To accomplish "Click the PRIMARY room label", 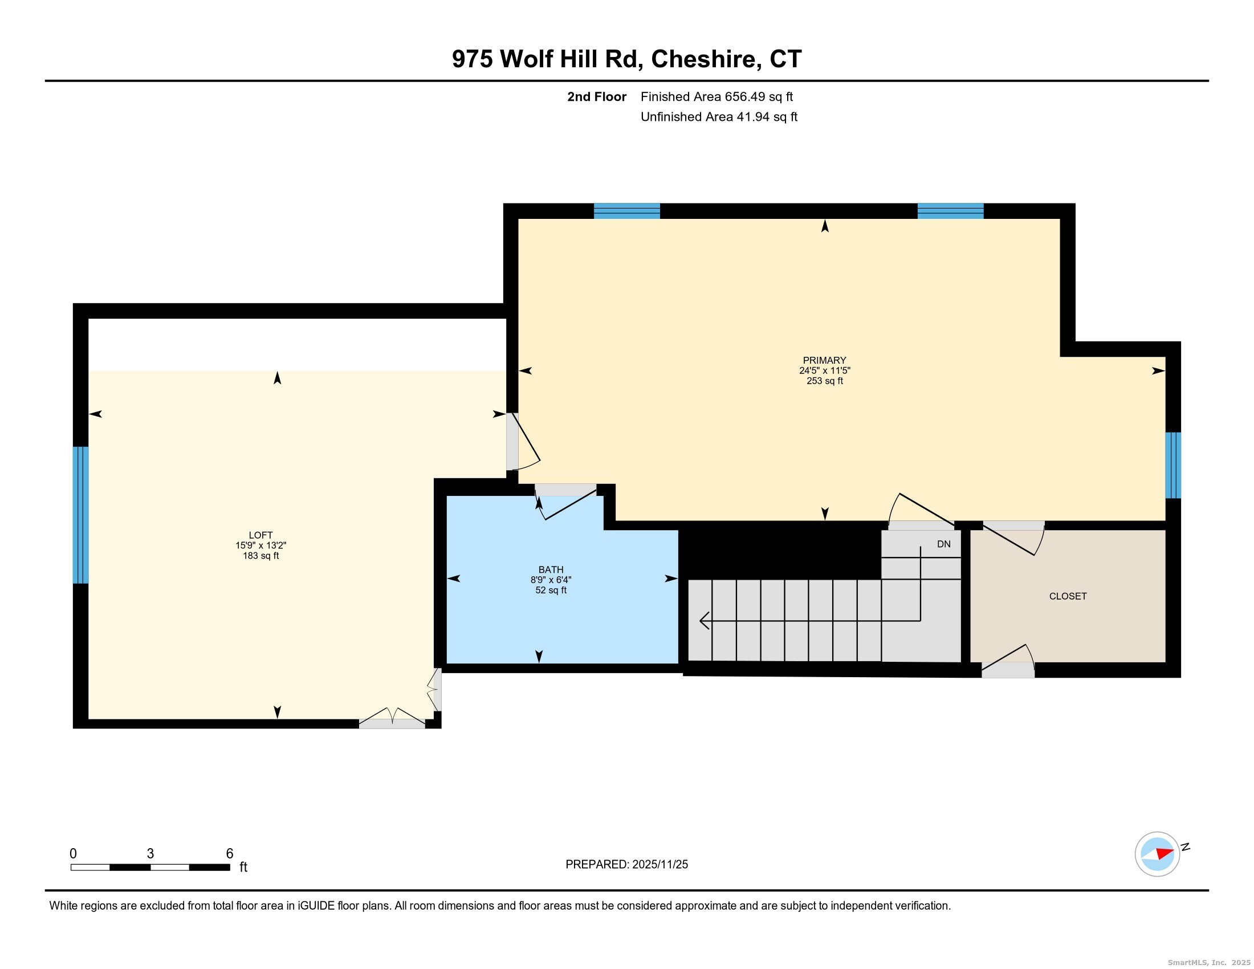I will click(x=824, y=360).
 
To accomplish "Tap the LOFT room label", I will click(x=260, y=535).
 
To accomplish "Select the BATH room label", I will click(x=551, y=569).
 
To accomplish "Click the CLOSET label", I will click(x=1068, y=596).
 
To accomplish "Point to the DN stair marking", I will click(x=943, y=544).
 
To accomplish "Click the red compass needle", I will click(x=1164, y=853).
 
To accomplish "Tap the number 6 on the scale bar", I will click(x=229, y=853).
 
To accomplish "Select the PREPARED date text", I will click(x=626, y=865).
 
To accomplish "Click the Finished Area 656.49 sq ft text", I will click(x=716, y=97).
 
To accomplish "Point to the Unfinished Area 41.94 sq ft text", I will click(x=718, y=117).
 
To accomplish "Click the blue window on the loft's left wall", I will click(x=81, y=515).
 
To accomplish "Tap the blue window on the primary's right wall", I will click(x=1172, y=465).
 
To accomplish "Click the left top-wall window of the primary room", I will click(x=626, y=211).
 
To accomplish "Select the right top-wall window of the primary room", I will click(x=950, y=211).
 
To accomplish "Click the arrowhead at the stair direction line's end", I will click(x=704, y=621).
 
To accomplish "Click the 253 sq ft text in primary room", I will click(x=825, y=381).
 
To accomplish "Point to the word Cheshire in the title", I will click(x=706, y=59).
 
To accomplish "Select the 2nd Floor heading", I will click(x=596, y=97).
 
